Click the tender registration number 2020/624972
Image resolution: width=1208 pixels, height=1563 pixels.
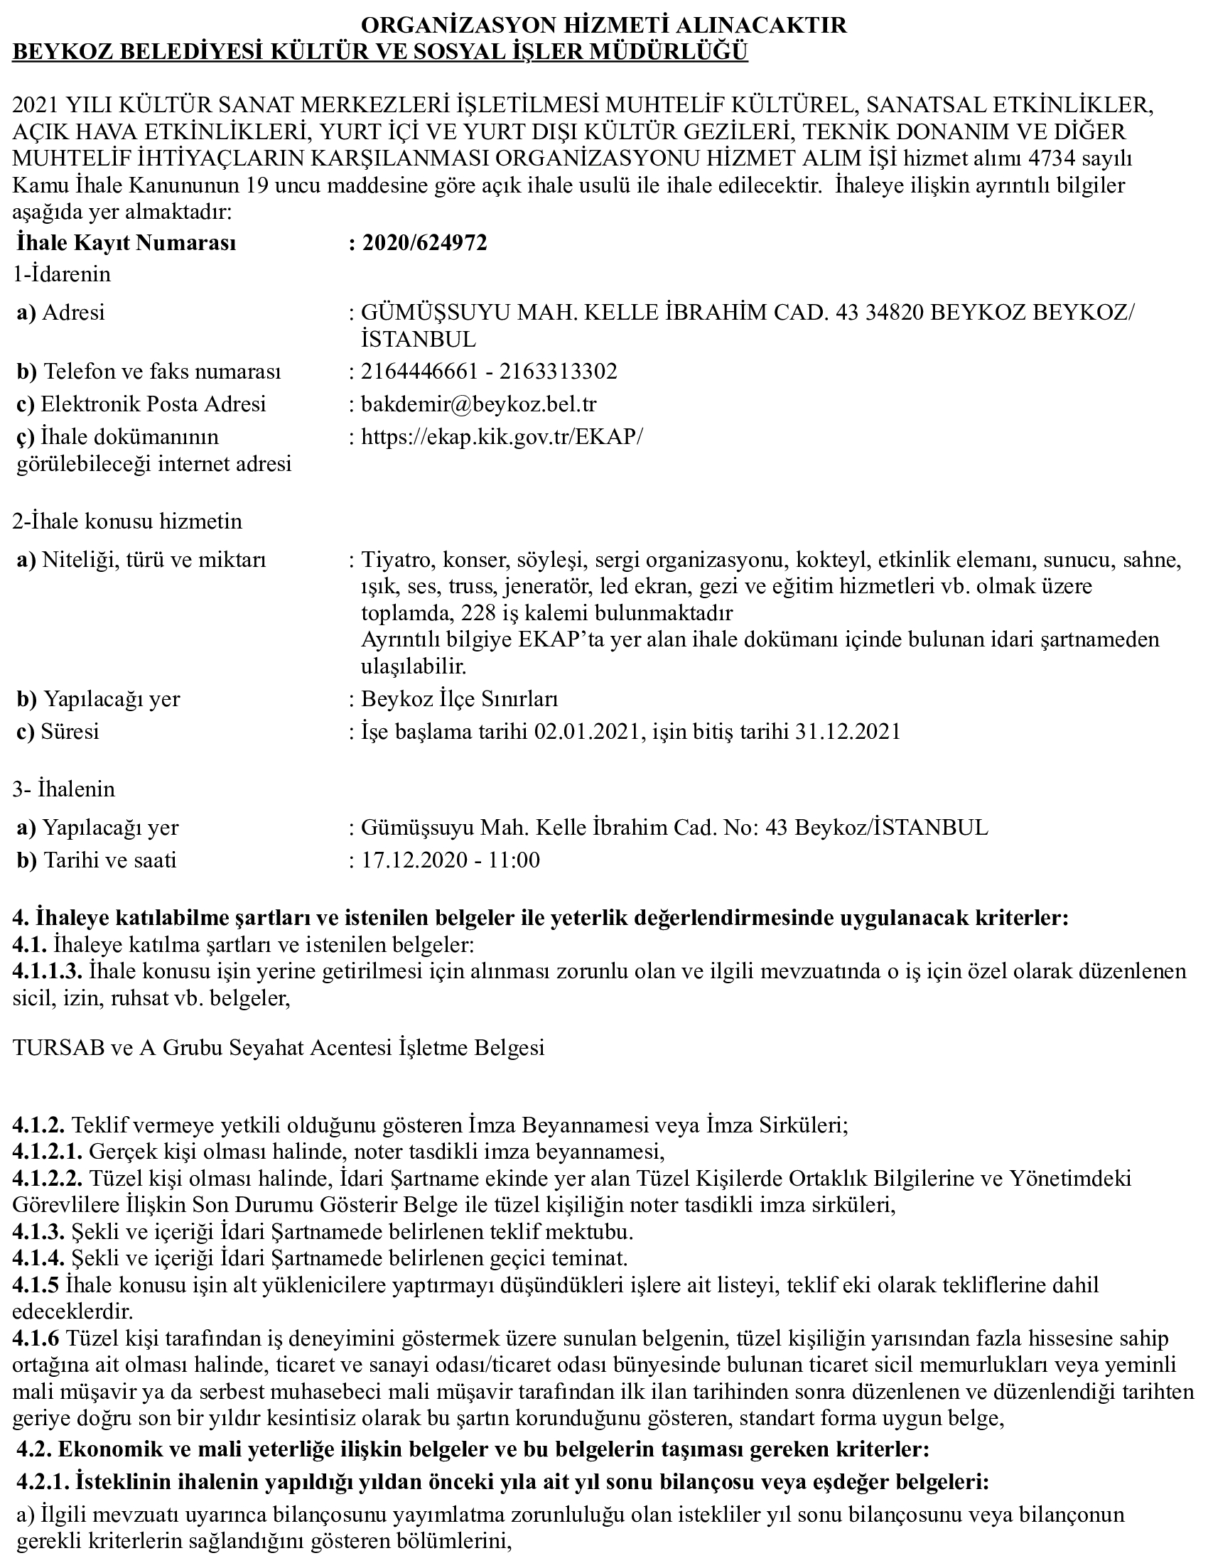coord(424,243)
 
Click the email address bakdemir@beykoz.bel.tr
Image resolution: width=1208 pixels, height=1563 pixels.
coord(479,404)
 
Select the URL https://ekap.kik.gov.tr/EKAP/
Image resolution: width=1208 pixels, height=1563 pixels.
coord(502,436)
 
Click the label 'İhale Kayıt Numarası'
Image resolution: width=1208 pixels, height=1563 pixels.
coord(126,243)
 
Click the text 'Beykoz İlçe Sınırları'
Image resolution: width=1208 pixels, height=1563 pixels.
coord(460,698)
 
